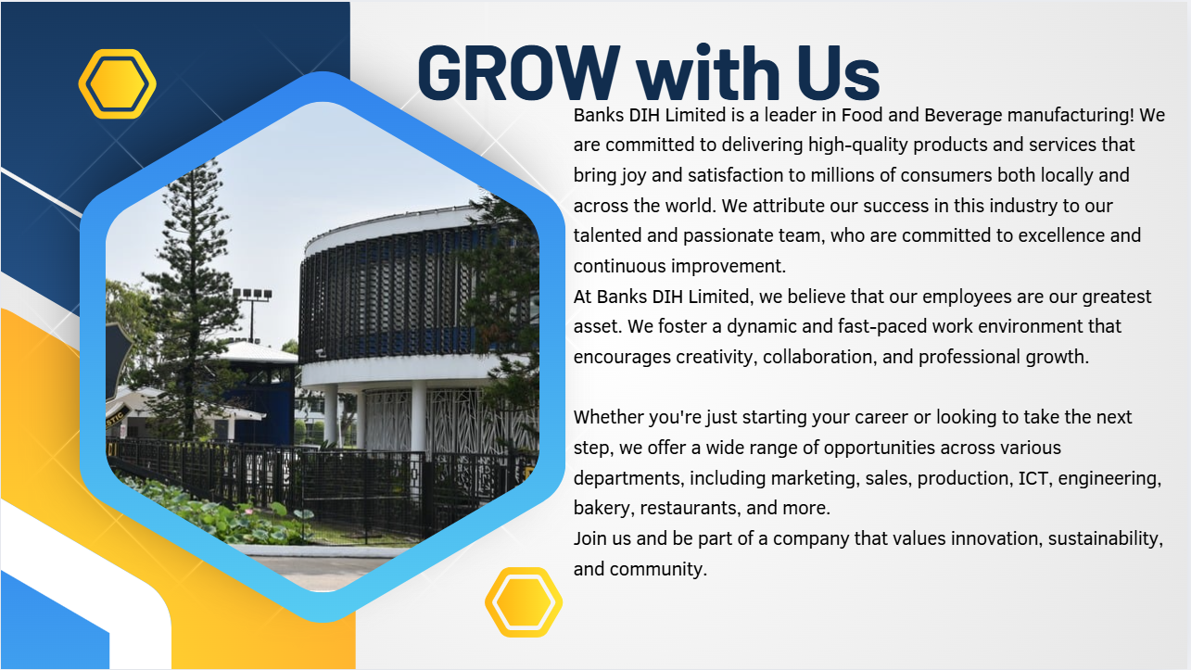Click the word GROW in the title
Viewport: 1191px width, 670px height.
[519, 73]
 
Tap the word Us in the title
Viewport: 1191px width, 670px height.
[838, 73]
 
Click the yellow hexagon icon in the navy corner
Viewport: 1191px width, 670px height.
[118, 84]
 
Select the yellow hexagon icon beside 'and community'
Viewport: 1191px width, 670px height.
[524, 602]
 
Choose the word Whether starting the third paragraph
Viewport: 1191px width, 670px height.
[608, 417]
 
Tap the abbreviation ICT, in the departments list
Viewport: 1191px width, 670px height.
[1035, 478]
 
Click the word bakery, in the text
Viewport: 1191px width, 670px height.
[604, 509]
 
